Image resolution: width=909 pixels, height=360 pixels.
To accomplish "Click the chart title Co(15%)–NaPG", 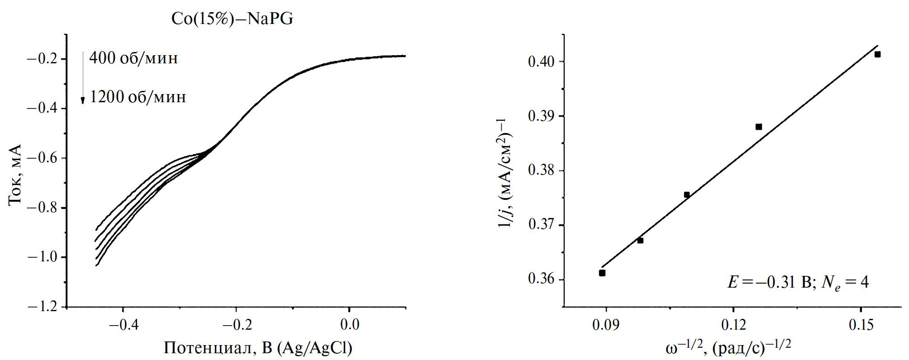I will coord(232,19).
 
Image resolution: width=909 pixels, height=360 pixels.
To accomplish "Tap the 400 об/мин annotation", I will coord(133,58).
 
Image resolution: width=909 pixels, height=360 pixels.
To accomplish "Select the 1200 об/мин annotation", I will coord(138,97).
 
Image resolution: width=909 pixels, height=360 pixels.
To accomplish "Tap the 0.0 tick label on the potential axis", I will coord(349,325).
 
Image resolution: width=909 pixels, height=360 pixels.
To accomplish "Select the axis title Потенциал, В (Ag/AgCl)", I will coord(258,348).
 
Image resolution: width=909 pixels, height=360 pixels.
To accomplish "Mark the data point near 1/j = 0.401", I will coord(877,55).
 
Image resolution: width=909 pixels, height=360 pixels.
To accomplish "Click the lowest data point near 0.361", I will coord(602,273).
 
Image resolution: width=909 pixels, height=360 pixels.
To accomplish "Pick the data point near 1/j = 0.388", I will coord(759,127).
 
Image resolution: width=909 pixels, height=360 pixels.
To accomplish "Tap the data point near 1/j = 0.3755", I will coord(686,195).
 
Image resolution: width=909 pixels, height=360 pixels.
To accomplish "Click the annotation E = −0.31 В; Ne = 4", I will coord(798,283).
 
